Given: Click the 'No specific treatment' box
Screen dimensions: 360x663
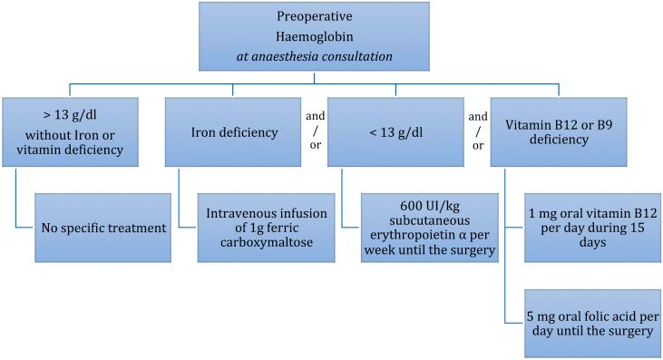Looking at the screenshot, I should coord(103,227).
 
